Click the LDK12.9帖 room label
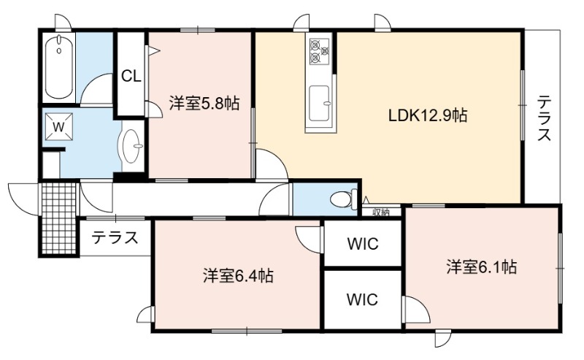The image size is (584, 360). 428,115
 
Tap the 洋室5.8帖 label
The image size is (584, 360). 204,103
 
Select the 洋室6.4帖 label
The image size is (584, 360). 238,276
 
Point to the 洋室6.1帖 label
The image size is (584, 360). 481,267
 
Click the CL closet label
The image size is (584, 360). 131,77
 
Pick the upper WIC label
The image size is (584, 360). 363,244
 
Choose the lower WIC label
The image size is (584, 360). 362,299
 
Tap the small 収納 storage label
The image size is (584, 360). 381,212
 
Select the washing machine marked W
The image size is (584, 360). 59,127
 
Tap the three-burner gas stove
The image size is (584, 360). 320,50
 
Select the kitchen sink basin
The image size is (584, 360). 320,103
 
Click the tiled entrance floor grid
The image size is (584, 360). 59,218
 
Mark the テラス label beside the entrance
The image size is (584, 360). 115,237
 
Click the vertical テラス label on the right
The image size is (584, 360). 544,118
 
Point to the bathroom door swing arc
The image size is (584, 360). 96,89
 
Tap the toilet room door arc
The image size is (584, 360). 274,199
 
